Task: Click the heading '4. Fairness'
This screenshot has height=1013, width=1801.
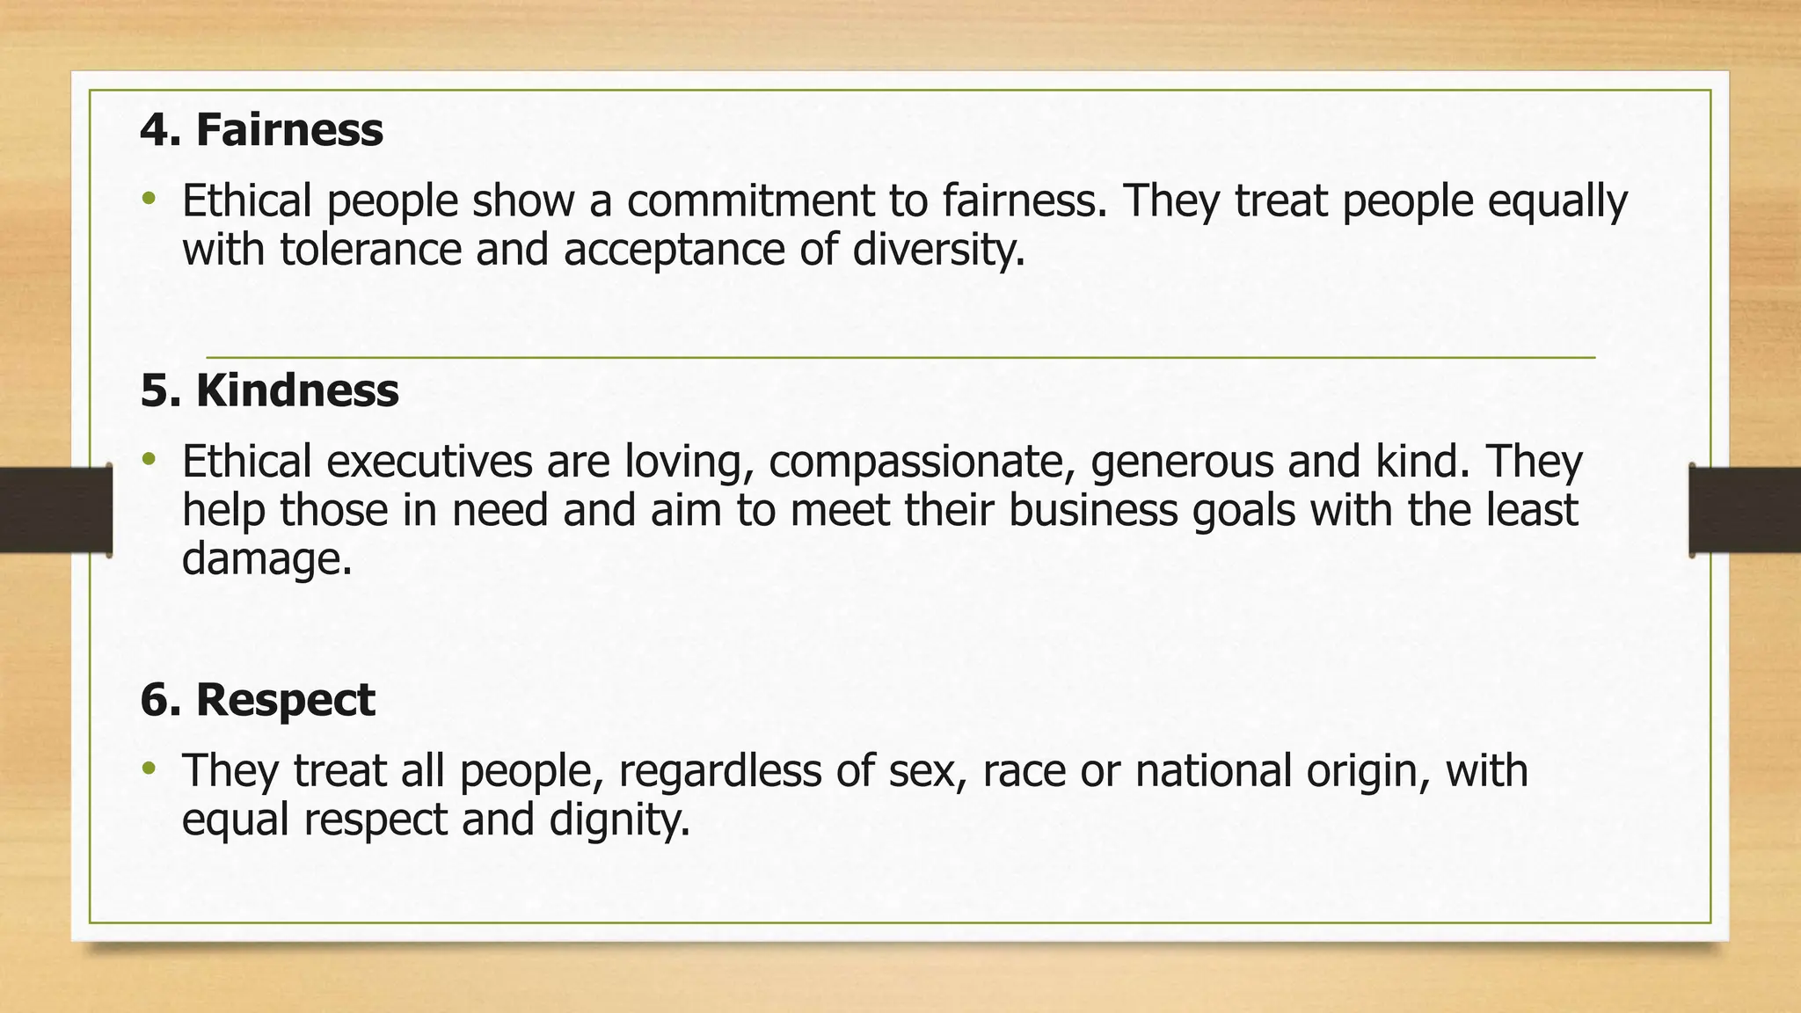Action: click(261, 130)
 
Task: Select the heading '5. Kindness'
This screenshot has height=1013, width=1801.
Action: click(269, 390)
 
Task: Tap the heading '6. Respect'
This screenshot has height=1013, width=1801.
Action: click(258, 700)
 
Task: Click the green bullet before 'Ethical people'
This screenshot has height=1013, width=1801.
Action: click(149, 197)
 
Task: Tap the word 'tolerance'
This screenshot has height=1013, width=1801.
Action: click(371, 249)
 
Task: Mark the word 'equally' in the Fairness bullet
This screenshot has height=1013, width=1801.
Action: click(1557, 201)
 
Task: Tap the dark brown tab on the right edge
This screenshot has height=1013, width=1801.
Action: click(1745, 510)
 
